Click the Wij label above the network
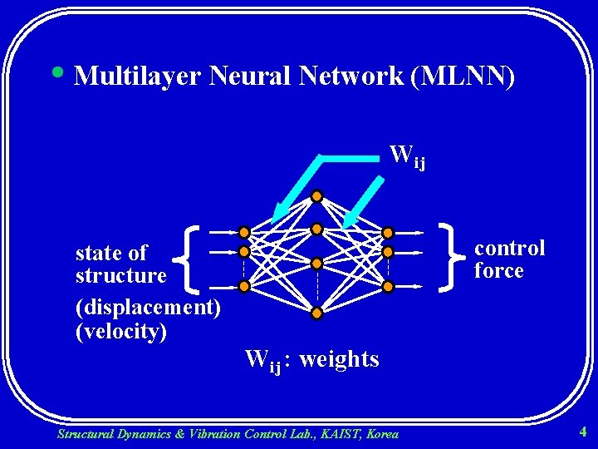[407, 155]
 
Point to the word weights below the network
[339, 359]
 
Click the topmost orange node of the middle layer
[316, 197]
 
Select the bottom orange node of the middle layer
[316, 313]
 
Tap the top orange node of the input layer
[244, 233]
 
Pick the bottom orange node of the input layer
[244, 287]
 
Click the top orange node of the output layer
[388, 233]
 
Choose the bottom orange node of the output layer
[388, 287]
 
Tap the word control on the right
[509, 248]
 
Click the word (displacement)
[148, 308]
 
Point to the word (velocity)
[121, 331]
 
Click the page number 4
[583, 432]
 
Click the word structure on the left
[121, 275]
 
